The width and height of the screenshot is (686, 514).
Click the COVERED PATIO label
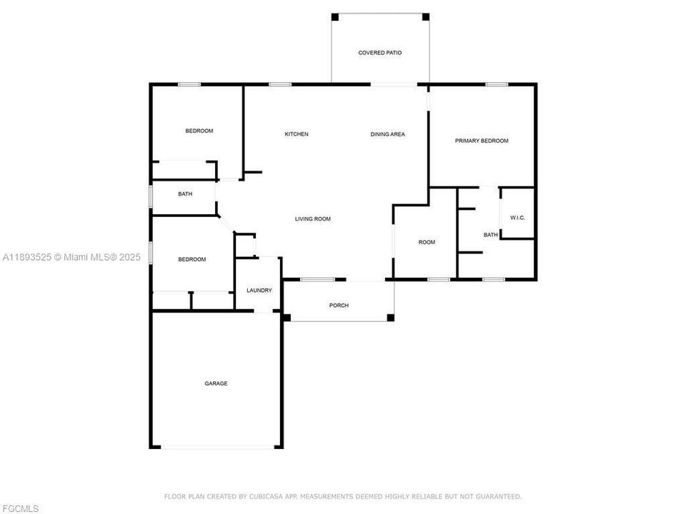click(379, 53)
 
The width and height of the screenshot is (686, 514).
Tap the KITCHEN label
click(297, 134)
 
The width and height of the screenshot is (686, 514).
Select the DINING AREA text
click(387, 134)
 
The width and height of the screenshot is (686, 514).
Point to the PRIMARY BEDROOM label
click(482, 141)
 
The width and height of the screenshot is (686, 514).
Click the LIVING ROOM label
click(312, 219)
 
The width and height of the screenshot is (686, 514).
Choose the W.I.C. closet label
click(517, 218)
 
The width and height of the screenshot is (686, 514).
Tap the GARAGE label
click(216, 383)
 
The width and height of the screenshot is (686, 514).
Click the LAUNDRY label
click(259, 291)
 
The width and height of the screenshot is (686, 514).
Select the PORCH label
click(339, 306)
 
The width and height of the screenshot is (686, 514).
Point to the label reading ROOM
click(427, 242)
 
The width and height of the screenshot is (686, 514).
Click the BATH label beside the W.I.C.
click(490, 235)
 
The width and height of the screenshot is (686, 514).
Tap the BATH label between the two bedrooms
click(185, 193)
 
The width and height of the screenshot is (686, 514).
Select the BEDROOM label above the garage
click(192, 259)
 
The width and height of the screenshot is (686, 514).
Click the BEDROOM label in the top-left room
click(199, 131)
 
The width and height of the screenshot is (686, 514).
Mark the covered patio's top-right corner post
click(425, 16)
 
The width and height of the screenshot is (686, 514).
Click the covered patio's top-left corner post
click(335, 16)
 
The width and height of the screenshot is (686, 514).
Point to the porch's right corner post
click(390, 317)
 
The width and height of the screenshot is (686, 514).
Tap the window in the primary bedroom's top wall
click(497, 84)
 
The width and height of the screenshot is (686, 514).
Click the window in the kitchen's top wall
click(280, 84)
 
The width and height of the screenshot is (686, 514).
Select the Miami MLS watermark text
click(71, 257)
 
